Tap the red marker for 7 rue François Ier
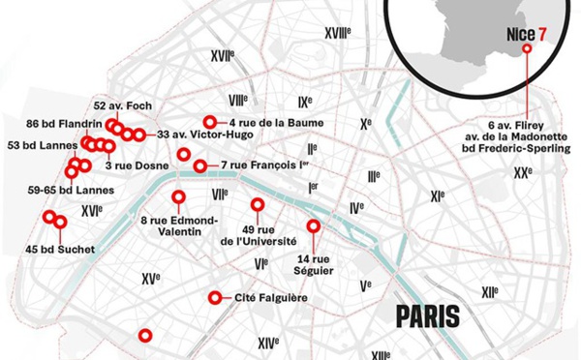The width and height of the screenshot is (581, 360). pos(200,166)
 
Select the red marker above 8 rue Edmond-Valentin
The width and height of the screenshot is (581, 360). pos(178,197)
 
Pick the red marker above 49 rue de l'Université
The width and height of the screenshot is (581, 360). pos(258,205)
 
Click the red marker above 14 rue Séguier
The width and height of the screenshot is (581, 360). pos(313,225)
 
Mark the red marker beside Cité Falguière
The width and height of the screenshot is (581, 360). pos(213,298)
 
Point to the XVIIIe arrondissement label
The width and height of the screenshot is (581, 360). pos(336,33)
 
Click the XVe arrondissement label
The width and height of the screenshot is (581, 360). pos(150,279)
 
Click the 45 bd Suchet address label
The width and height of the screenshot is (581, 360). pos(60,250)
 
